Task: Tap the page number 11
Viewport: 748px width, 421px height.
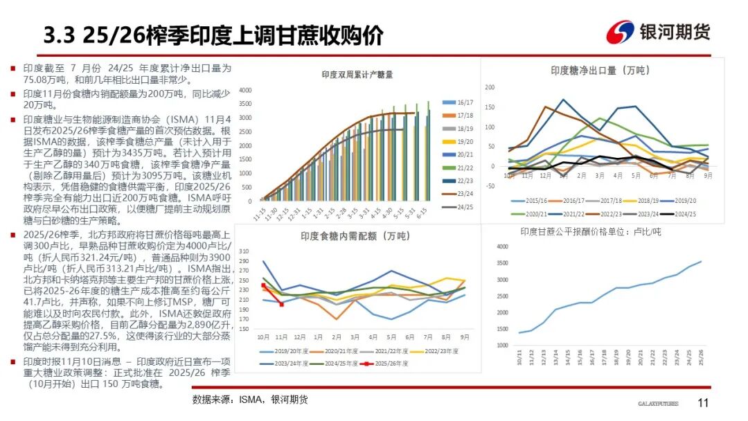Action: point(703,403)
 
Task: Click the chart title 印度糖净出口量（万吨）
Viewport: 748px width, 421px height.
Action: point(600,70)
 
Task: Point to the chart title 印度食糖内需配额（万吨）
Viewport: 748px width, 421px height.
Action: point(355,237)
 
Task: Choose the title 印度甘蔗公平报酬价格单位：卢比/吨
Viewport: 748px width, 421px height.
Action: point(591,231)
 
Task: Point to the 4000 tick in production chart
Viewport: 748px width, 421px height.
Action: point(247,91)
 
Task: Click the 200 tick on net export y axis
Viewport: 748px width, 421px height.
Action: point(490,88)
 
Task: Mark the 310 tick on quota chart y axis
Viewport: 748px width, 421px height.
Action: point(244,251)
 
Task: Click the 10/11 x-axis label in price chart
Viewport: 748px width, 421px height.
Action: point(519,358)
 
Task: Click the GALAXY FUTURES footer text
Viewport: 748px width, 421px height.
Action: point(657,404)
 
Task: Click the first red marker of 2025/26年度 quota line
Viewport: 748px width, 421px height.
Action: point(263,285)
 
